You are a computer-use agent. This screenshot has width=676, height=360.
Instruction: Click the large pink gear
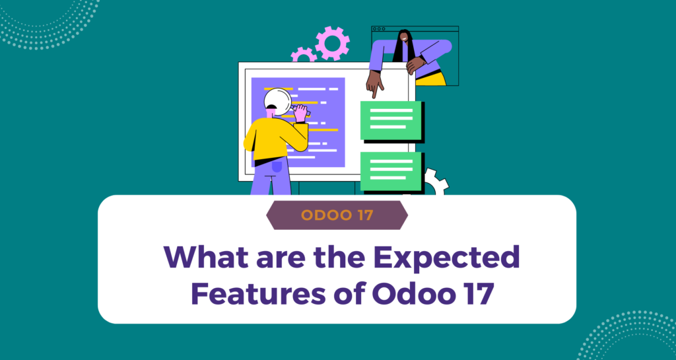click(x=332, y=43)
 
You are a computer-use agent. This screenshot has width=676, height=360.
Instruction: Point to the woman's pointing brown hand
click(x=374, y=84)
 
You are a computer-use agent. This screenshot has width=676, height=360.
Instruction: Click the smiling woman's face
click(x=403, y=38)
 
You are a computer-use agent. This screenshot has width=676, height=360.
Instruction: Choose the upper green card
click(x=391, y=120)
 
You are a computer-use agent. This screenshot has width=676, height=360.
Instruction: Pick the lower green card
click(x=391, y=170)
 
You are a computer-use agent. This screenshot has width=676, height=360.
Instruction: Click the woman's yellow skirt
click(x=432, y=78)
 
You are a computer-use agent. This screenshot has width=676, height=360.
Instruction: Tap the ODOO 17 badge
click(x=337, y=215)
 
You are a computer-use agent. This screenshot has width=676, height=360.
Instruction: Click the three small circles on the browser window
click(x=380, y=30)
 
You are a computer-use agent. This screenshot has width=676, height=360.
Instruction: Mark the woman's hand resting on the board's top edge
click(x=415, y=64)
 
